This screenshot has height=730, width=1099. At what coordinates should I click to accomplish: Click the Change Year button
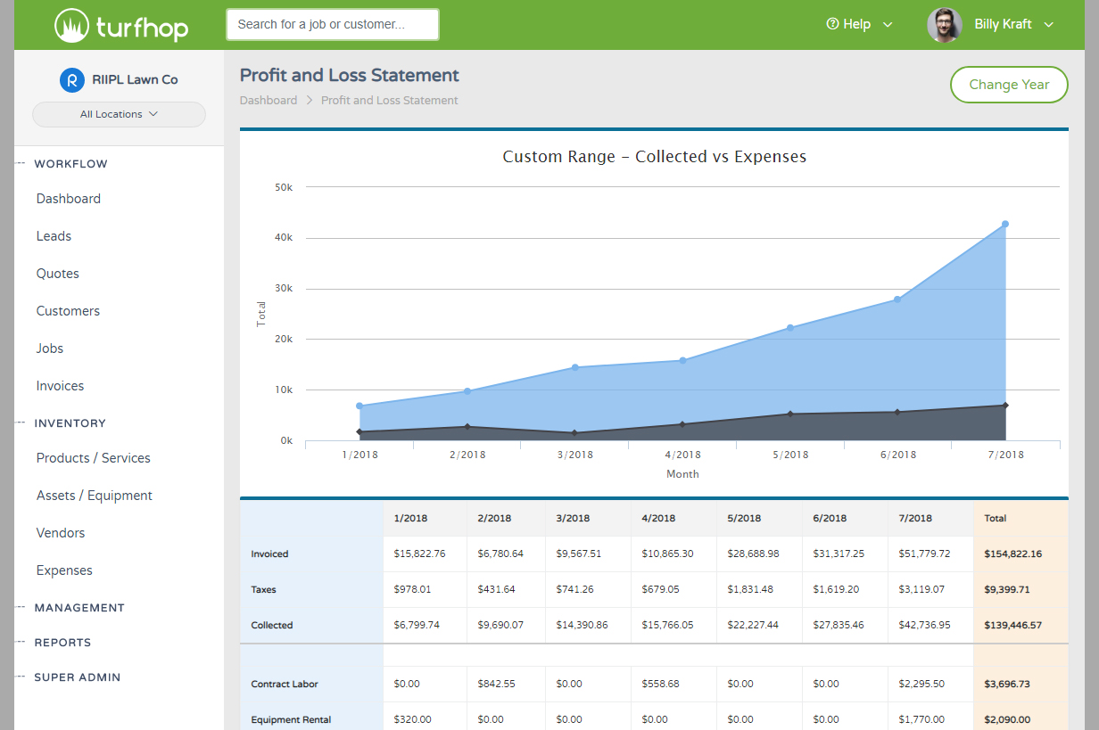click(1008, 85)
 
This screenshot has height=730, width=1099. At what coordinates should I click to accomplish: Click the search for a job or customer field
click(332, 25)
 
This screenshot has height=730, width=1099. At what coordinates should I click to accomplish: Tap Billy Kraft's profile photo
click(944, 25)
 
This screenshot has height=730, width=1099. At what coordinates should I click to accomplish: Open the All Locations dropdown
click(119, 114)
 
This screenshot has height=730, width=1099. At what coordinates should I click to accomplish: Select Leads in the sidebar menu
click(54, 236)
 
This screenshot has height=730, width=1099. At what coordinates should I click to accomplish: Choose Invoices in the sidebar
click(60, 386)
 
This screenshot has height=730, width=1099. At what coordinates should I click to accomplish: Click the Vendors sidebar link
click(61, 533)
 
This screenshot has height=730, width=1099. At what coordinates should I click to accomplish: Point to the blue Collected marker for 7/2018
click(1005, 225)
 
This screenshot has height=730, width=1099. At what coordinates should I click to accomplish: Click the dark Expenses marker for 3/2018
click(574, 433)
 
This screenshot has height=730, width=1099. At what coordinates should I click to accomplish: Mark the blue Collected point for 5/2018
click(790, 328)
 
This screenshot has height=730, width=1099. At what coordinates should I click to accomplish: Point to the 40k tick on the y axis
click(285, 238)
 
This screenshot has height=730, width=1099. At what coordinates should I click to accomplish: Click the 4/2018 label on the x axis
click(682, 455)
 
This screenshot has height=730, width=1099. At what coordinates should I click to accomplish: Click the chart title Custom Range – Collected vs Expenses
click(654, 157)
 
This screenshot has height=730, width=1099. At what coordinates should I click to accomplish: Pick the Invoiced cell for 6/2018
click(839, 554)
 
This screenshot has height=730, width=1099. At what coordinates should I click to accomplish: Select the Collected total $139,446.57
click(1012, 625)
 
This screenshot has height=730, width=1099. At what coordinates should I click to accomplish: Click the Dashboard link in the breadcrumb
click(269, 101)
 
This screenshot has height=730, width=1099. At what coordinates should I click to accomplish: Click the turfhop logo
click(121, 26)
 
